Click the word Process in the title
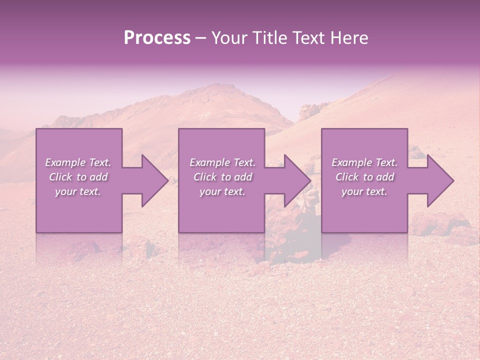pyautogui.click(x=157, y=38)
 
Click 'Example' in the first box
pyautogui.click(x=65, y=162)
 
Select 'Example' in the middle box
pyautogui.click(x=209, y=162)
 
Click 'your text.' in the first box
pyautogui.click(x=78, y=191)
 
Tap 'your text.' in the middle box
pyautogui.click(x=222, y=191)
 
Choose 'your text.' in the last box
pyautogui.click(x=364, y=191)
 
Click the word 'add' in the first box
pyautogui.click(x=98, y=177)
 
